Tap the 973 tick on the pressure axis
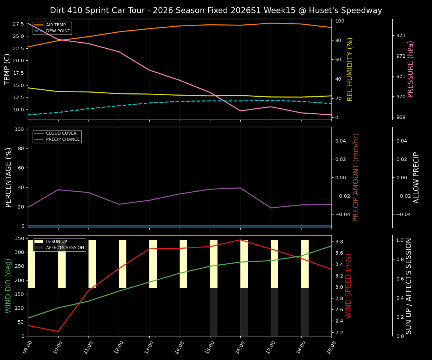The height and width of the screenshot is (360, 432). pyautogui.click(x=401, y=36)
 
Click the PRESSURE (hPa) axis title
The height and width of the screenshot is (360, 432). pyautogui.click(x=411, y=69)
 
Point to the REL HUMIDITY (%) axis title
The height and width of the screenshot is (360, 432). pyautogui.click(x=350, y=69)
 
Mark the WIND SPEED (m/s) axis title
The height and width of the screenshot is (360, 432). pyautogui.click(x=349, y=286)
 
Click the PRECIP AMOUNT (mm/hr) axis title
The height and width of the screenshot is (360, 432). pyautogui.click(x=356, y=177)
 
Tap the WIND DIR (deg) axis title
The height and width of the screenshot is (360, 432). pyautogui.click(x=8, y=286)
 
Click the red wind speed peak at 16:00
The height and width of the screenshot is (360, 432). pyautogui.click(x=240, y=240)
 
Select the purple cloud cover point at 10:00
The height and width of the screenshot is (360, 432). pyautogui.click(x=58, y=190)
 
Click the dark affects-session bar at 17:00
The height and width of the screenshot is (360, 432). pyautogui.click(x=274, y=312)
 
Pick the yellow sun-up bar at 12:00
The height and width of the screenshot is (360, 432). pyautogui.click(x=123, y=264)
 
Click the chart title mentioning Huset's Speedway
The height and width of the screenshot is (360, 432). pyautogui.click(x=216, y=10)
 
